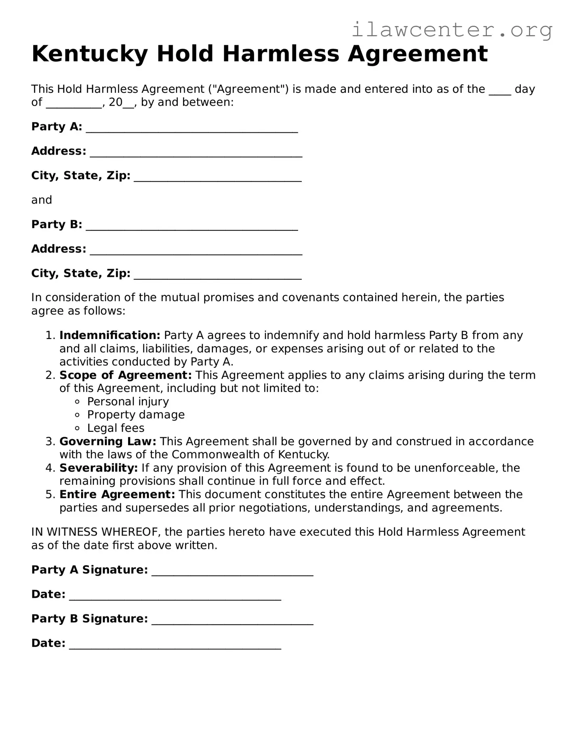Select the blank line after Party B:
(x=192, y=226)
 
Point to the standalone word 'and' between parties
(x=42, y=200)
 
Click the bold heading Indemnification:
(x=110, y=335)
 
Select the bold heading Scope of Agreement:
(x=125, y=375)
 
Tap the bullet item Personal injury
(x=128, y=402)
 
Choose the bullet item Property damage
(x=136, y=415)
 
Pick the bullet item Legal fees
(x=116, y=428)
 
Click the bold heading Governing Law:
(x=108, y=442)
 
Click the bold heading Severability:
(x=99, y=468)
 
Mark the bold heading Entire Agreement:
(x=117, y=494)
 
